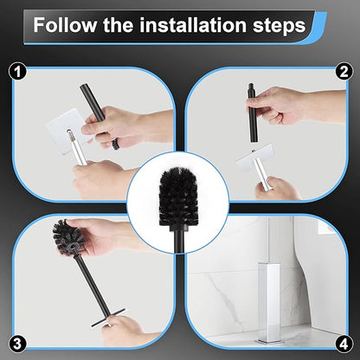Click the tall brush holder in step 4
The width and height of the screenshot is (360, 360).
coord(276,286)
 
